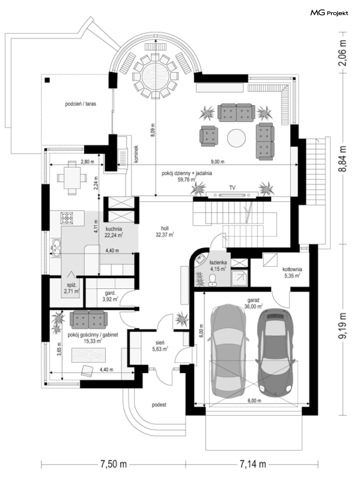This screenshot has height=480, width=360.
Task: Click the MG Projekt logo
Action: pos(329,13)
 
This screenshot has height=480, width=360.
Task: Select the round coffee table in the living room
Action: pos(236,138)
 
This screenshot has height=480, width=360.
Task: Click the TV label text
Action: pos(232,188)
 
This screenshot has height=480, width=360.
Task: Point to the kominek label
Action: pos(136,154)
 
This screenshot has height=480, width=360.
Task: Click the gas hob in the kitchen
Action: pos(67,218)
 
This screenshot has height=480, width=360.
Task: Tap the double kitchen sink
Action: pos(56,248)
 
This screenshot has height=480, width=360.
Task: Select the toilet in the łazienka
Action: pos(212,280)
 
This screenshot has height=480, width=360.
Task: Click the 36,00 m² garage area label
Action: pos(254,307)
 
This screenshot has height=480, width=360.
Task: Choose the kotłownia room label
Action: pos(292,269)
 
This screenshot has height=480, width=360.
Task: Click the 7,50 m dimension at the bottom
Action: pos(114,464)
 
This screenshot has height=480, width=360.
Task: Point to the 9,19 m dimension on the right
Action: pos(343,326)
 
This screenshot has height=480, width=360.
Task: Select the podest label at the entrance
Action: pos(159,405)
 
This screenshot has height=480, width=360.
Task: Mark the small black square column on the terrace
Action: pos(47,80)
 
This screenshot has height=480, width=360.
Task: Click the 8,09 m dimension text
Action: pos(153,130)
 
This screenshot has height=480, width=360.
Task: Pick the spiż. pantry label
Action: pos(72,285)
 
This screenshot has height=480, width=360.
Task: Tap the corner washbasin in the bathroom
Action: pos(200,260)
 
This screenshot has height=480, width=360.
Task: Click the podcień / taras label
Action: pos(81,104)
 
